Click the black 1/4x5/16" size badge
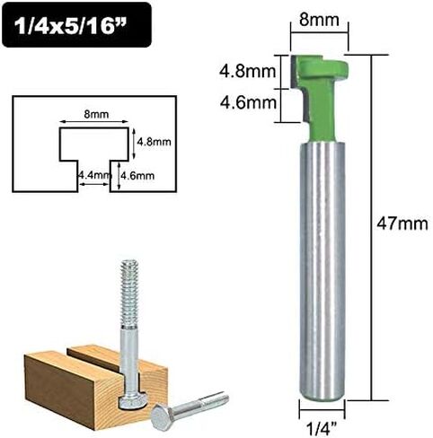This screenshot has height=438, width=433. click(x=76, y=25)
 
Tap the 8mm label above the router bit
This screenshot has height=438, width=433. click(x=319, y=20)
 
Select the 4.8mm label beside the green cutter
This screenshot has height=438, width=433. click(x=247, y=72)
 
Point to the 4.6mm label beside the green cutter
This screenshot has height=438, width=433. click(x=248, y=102)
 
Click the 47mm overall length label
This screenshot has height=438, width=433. click(x=402, y=223)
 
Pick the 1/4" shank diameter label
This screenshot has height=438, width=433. click(x=322, y=429)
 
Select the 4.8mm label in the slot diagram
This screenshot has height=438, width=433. click(x=154, y=141)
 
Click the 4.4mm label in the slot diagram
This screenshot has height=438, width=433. click(x=94, y=175)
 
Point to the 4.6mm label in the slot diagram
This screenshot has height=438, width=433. click(x=137, y=175)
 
